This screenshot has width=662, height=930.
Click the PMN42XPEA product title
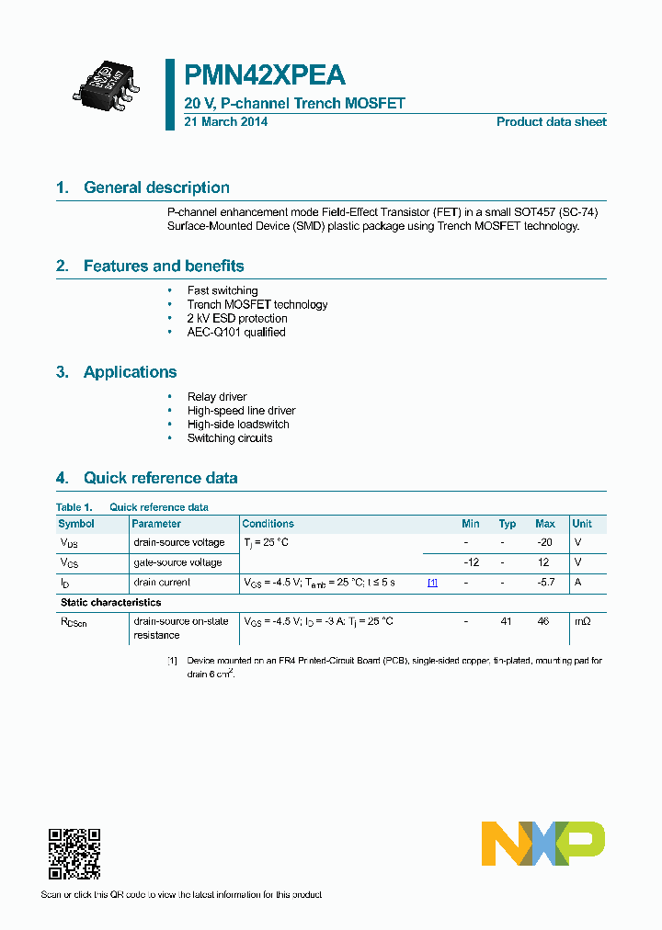265,74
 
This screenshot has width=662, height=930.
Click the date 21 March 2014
226,122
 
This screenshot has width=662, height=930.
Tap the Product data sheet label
551,122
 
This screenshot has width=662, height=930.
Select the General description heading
156,187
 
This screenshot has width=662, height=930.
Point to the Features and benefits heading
164,267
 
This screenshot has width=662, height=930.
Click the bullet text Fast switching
223,290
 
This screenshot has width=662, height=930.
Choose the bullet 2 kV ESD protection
237,318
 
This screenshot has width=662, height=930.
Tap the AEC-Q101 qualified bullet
236,332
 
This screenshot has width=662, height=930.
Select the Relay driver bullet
217,397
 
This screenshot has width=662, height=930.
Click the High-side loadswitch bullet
238,425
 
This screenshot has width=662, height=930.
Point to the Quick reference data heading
160,478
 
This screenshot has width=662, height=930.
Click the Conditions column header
268,524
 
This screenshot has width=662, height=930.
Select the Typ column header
508,524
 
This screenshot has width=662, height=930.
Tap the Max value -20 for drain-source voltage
544,542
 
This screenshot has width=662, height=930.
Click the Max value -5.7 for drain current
544,583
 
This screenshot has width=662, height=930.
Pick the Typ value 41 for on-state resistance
506,622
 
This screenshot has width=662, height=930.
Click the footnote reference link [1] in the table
432,583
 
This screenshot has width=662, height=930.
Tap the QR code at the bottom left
74,854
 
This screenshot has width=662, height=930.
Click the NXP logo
543,844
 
